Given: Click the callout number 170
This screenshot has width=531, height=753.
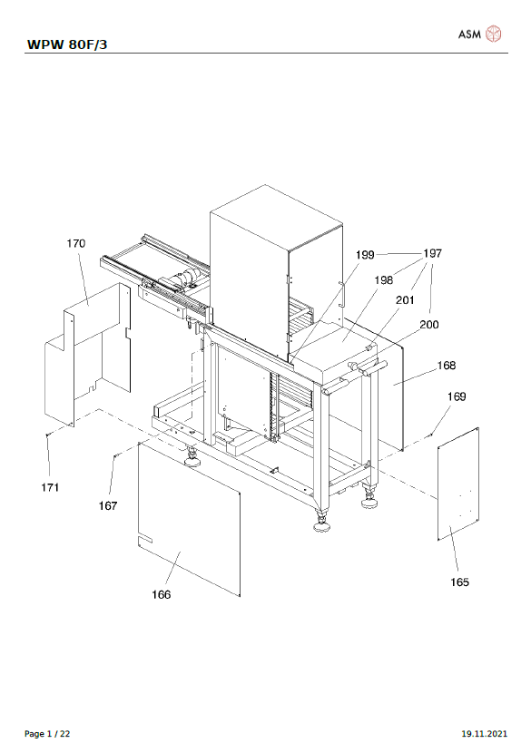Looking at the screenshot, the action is (76, 243).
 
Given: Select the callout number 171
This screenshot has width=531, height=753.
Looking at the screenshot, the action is (50, 487).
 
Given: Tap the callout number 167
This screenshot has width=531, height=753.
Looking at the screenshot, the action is (108, 505).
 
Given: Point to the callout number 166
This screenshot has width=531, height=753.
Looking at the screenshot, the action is (161, 594).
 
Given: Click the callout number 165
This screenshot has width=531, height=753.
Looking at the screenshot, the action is (459, 582).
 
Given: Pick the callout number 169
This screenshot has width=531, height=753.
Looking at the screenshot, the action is (457, 396).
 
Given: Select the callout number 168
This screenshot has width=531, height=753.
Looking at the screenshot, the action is (446, 366).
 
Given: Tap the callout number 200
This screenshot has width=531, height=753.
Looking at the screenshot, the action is (429, 325).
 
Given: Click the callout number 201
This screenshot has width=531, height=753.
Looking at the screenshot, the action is (405, 300).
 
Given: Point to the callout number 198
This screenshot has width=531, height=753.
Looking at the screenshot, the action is (383, 280).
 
